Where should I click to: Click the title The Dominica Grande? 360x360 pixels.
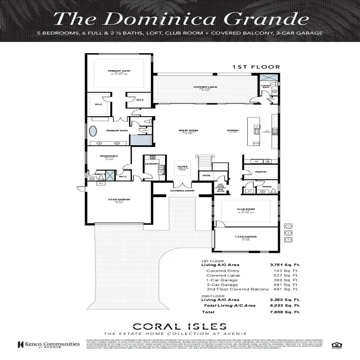coord(180,19)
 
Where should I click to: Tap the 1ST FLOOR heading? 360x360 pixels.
coord(256,67)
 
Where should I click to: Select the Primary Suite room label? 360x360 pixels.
coord(119,71)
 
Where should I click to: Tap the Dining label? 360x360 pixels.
coord(233,131)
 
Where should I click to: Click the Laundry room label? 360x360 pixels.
coord(152,164)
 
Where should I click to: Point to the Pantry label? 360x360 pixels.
coord(261,171)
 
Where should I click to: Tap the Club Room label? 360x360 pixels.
coord(246,209)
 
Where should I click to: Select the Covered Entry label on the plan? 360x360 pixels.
coord(182,191)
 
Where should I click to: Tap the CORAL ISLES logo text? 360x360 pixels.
coord(180,326)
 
